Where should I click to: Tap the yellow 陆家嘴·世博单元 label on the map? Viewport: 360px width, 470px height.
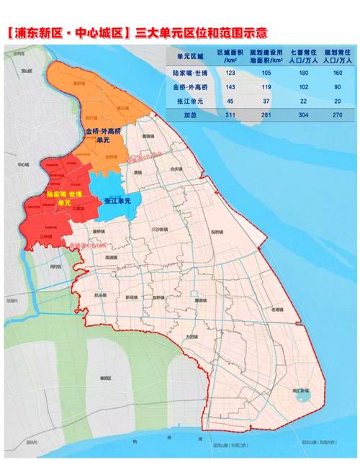tap(63, 199)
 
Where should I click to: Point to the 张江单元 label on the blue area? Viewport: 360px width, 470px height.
tap(117, 202)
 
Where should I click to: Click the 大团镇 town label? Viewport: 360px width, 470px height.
tap(190, 336)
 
